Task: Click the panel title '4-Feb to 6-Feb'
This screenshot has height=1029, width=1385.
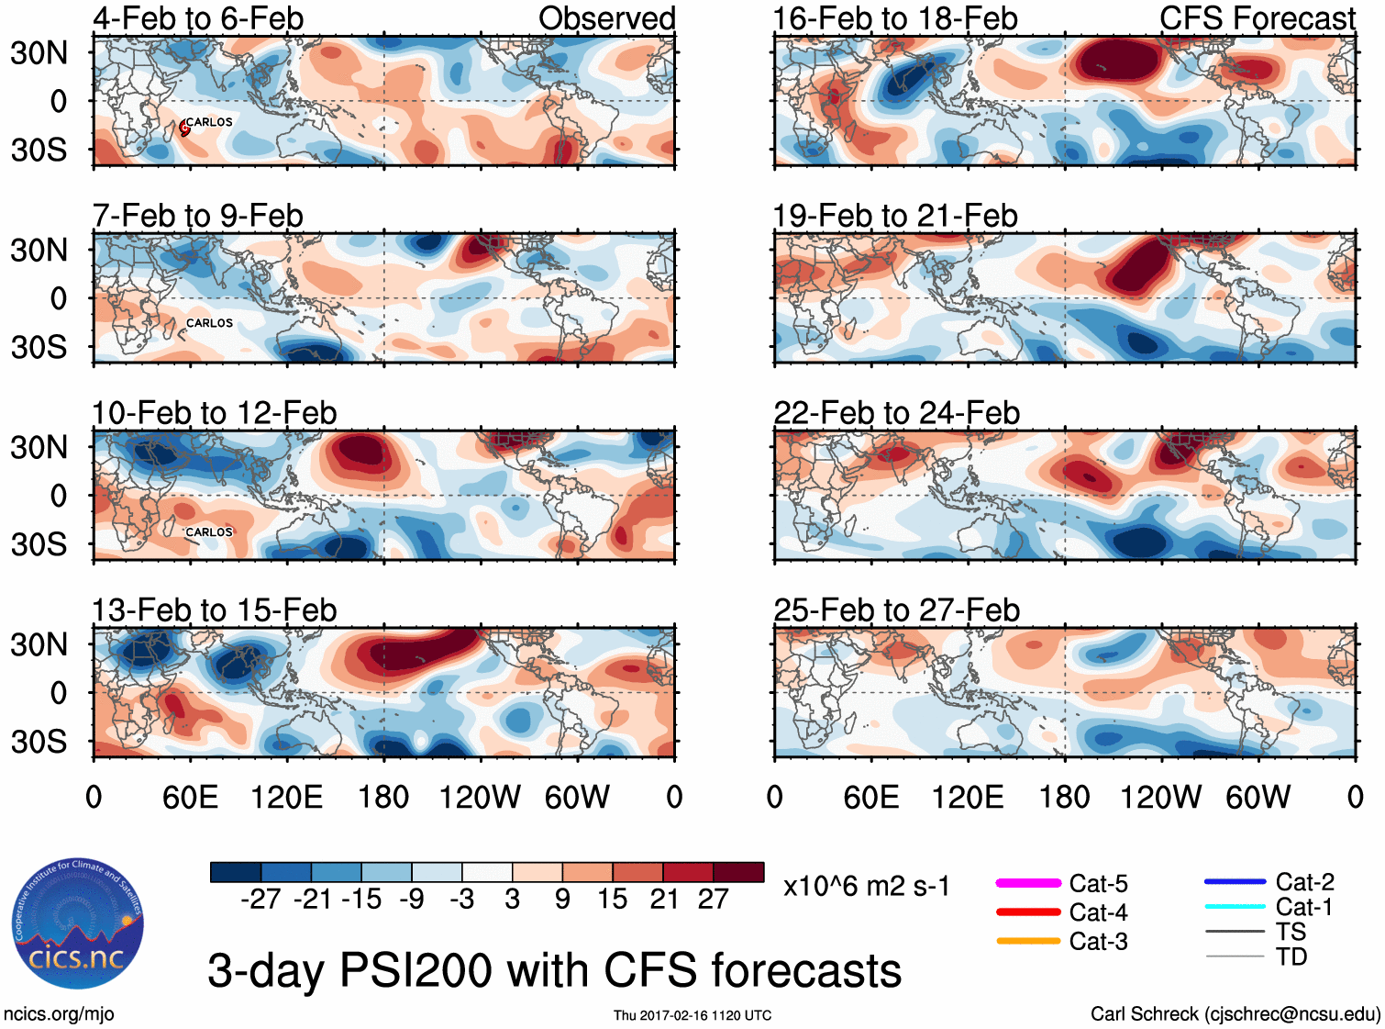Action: [198, 18]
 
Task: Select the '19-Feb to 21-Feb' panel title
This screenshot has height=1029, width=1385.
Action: [895, 216]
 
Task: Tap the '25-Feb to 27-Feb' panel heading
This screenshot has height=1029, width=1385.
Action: [896, 610]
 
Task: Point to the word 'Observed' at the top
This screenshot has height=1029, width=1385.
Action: [606, 18]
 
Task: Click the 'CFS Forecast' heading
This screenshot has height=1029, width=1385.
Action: [1257, 18]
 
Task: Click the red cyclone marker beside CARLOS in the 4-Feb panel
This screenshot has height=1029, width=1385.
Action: [184, 129]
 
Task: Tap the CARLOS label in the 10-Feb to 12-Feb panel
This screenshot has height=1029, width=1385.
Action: [209, 532]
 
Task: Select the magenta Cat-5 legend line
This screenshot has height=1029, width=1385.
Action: [1028, 883]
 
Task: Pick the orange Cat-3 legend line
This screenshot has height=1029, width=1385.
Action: [1028, 941]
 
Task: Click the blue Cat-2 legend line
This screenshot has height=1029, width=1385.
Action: [1235, 882]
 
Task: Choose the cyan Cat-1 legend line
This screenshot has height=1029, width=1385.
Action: [1235, 907]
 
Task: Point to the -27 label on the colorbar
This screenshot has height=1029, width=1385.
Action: [260, 900]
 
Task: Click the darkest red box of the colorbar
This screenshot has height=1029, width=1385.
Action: [738, 872]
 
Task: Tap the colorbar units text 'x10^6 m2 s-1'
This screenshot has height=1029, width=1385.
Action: [866, 887]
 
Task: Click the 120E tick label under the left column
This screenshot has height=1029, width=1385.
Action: [287, 797]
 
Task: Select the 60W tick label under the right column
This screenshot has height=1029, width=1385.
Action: [1258, 797]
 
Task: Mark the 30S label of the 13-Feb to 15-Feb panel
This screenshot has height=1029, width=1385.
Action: [39, 742]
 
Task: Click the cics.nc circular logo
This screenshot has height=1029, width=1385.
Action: [78, 923]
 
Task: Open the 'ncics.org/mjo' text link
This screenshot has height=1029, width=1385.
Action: [59, 1014]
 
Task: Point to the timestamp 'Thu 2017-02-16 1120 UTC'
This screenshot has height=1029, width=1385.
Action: [692, 1015]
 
